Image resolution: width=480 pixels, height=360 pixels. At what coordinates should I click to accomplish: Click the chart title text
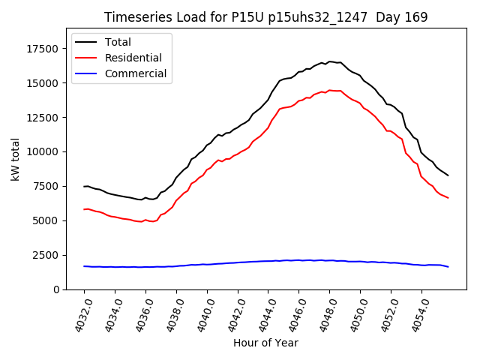click(x=265, y=17)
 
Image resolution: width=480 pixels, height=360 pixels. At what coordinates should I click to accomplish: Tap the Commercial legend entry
click(x=135, y=73)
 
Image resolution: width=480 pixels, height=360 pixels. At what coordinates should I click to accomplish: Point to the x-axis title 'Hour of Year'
click(x=265, y=343)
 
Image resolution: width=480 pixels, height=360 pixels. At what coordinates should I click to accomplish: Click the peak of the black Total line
click(x=329, y=61)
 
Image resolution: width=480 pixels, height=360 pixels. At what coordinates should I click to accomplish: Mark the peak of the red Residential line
click(x=329, y=90)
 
